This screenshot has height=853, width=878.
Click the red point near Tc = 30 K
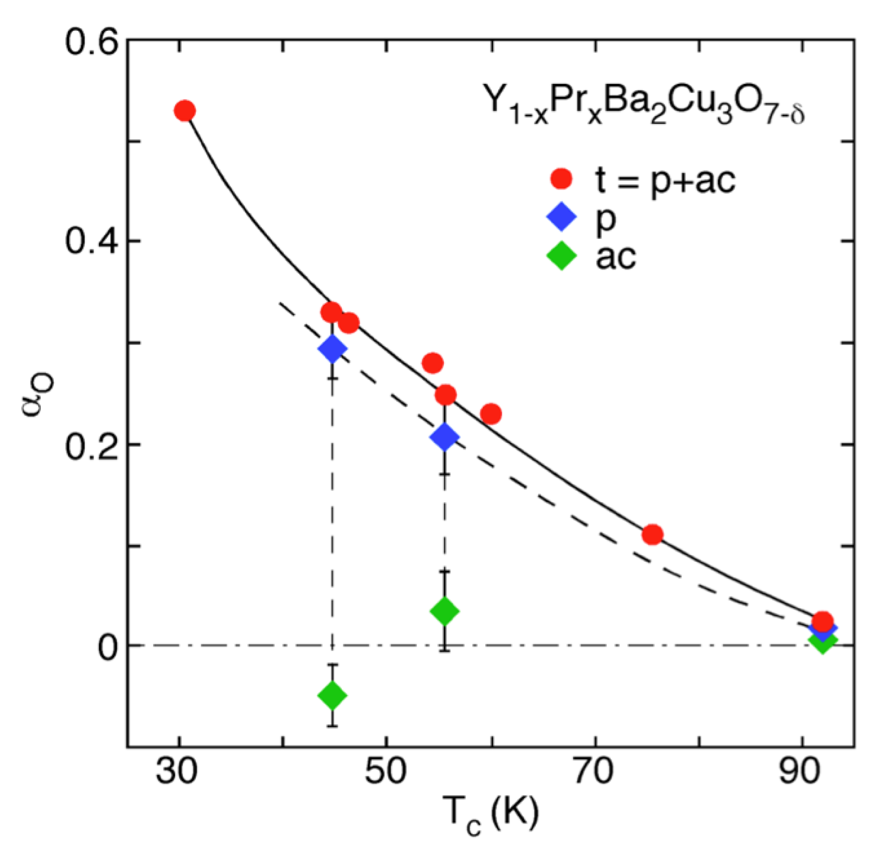[185, 111]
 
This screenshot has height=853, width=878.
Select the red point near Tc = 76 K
[652, 535]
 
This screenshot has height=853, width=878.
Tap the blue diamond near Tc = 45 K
[332, 348]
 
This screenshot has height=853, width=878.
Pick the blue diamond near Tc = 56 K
[444, 437]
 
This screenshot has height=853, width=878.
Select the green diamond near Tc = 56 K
[444, 611]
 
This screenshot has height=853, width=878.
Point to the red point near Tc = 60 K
[491, 414]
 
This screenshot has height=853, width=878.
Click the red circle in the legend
[561, 178]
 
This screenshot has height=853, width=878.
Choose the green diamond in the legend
[561, 256]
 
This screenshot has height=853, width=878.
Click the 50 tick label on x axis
[385, 772]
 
